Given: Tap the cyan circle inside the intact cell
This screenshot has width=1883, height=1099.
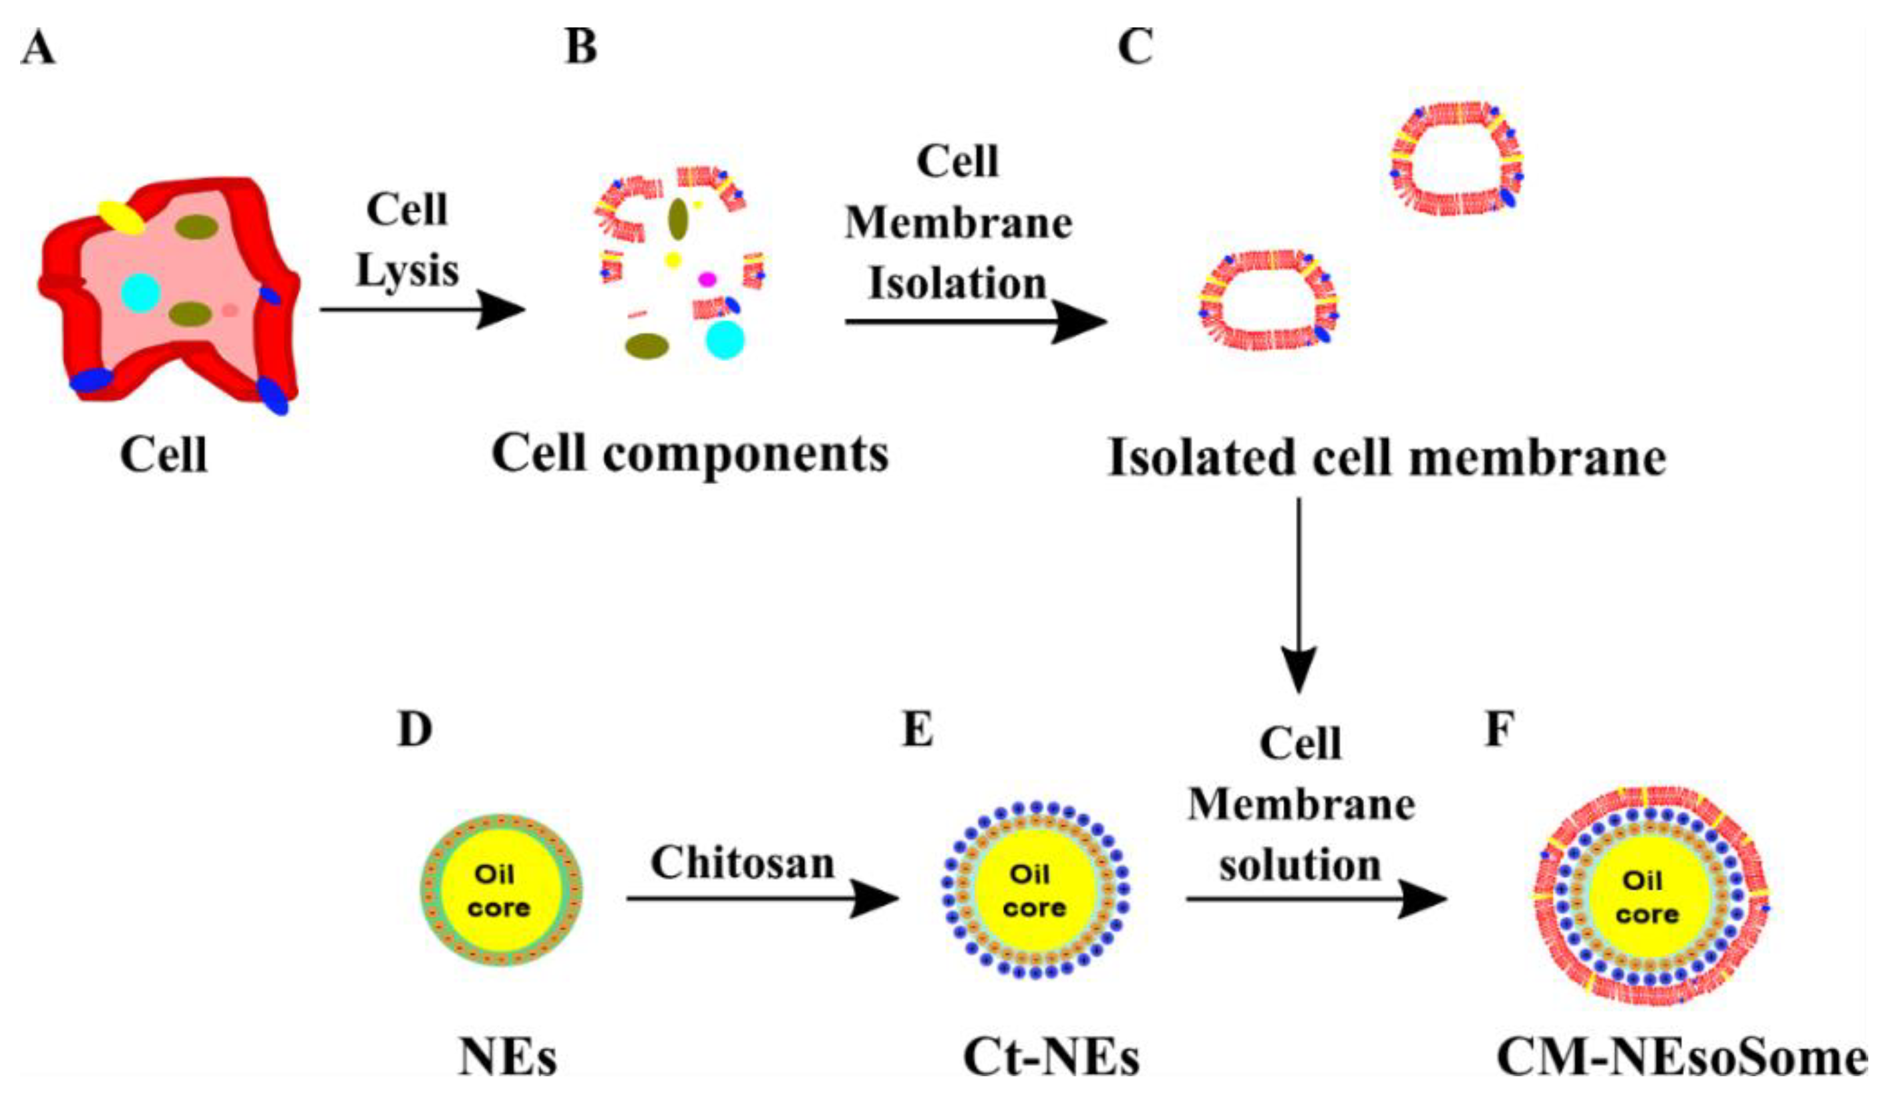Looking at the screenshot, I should tap(140, 291).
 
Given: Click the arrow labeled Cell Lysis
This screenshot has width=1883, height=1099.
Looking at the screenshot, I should tap(422, 309).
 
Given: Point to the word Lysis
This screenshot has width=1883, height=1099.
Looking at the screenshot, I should tap(407, 271).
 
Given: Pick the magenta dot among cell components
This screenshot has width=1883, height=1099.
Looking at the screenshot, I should tap(706, 279).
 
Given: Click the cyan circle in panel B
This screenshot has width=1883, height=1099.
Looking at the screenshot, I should tap(725, 340).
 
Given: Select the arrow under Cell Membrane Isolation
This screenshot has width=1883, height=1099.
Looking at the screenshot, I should tap(975, 322).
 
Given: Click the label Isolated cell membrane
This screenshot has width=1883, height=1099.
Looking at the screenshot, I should tap(1387, 457).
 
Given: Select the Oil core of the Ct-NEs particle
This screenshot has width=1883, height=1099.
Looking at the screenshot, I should tap(1034, 891).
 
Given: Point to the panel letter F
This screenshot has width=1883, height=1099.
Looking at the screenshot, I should tap(1499, 729).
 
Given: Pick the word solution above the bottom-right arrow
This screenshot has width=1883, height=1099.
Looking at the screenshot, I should tap(1300, 866).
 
